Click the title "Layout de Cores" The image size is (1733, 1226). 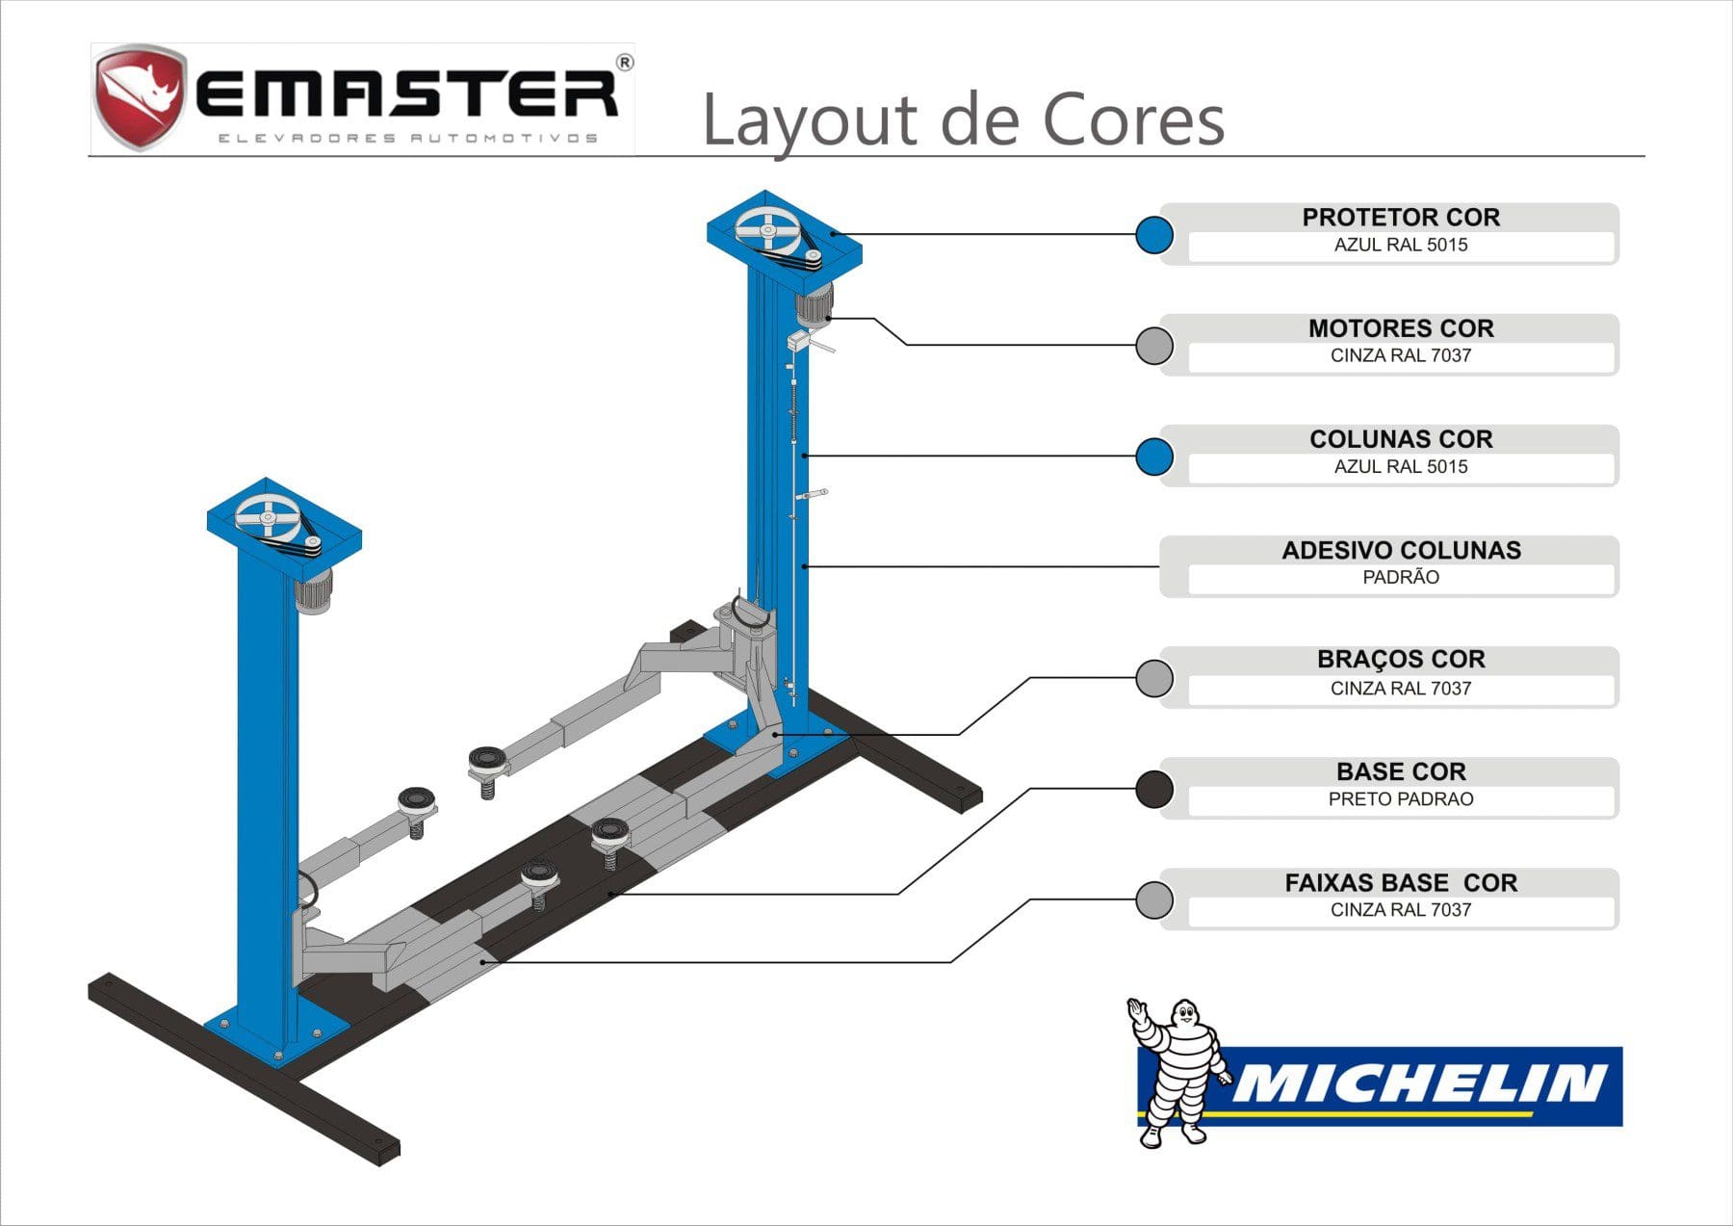coord(963,120)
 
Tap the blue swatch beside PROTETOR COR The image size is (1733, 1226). coord(1153,234)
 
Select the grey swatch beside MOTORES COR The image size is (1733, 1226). coord(1153,345)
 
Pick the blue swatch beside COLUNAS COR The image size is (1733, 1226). coord(1153,456)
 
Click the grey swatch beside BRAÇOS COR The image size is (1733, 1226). coord(1153,678)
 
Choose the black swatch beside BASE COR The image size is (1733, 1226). coord(1153,789)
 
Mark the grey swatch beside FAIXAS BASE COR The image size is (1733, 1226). coord(1153,900)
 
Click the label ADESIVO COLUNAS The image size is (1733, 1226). coord(1401,551)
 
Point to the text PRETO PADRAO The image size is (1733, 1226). coord(1401,799)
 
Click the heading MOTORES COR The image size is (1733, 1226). coord(1401,328)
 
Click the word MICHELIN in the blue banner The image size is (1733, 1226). coord(1420,1083)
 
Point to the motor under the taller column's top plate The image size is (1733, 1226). coord(815,306)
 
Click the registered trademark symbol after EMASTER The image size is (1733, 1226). coord(624,64)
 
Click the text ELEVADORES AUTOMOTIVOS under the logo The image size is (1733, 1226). coord(408,138)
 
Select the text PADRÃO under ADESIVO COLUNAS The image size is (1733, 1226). coord(1401,578)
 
